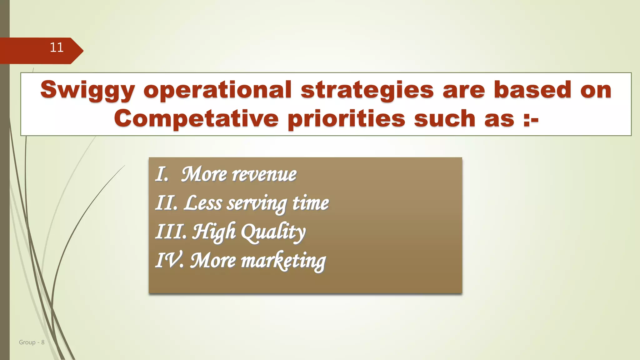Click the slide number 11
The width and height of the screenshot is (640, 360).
tap(57, 48)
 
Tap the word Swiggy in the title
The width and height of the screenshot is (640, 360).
tap(87, 90)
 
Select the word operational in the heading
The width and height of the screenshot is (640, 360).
tap(217, 90)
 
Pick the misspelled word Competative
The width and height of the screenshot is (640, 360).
tap(196, 119)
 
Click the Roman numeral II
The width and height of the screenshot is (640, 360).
tap(166, 203)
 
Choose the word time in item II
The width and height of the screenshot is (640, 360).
tap(310, 203)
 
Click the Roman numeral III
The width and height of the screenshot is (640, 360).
tap(171, 232)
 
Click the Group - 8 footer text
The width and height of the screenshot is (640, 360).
tap(32, 342)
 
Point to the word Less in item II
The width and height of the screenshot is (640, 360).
tap(203, 203)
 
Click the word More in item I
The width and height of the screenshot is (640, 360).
tap(204, 174)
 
